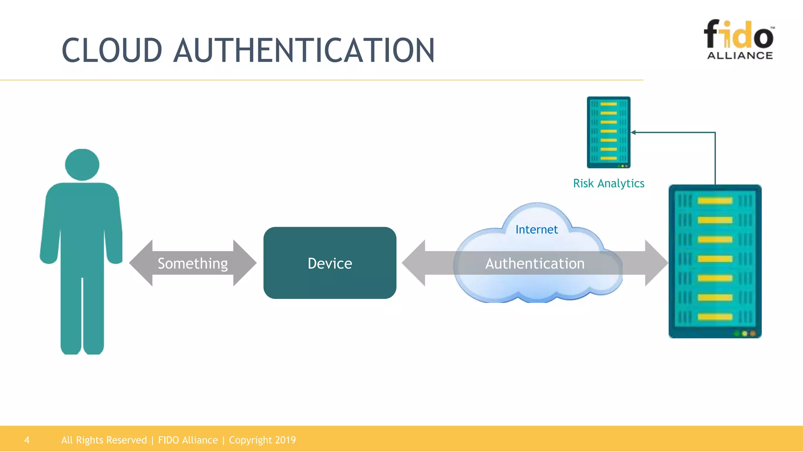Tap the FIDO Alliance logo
coord(739,39)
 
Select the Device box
coord(330,263)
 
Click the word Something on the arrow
coord(193,263)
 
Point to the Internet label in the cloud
coord(536,230)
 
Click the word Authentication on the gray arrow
coord(535,263)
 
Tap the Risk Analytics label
coord(609,183)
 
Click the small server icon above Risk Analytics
coord(609,132)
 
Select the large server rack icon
coord(715,261)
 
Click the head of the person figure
coord(82,164)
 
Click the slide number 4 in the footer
coord(27,440)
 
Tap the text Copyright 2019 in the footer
coord(262,440)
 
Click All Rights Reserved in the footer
coord(104,440)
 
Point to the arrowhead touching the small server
coord(633,133)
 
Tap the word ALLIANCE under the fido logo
coord(740,56)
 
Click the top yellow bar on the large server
coord(715,201)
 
